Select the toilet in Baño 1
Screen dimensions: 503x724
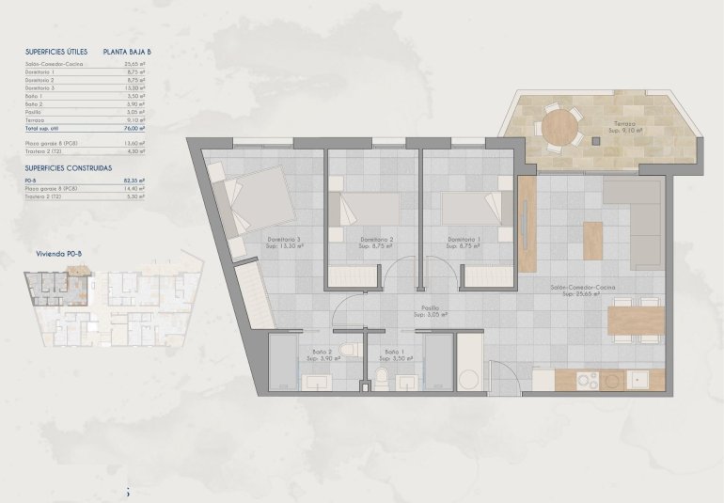383,376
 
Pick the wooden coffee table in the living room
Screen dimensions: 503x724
592,240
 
